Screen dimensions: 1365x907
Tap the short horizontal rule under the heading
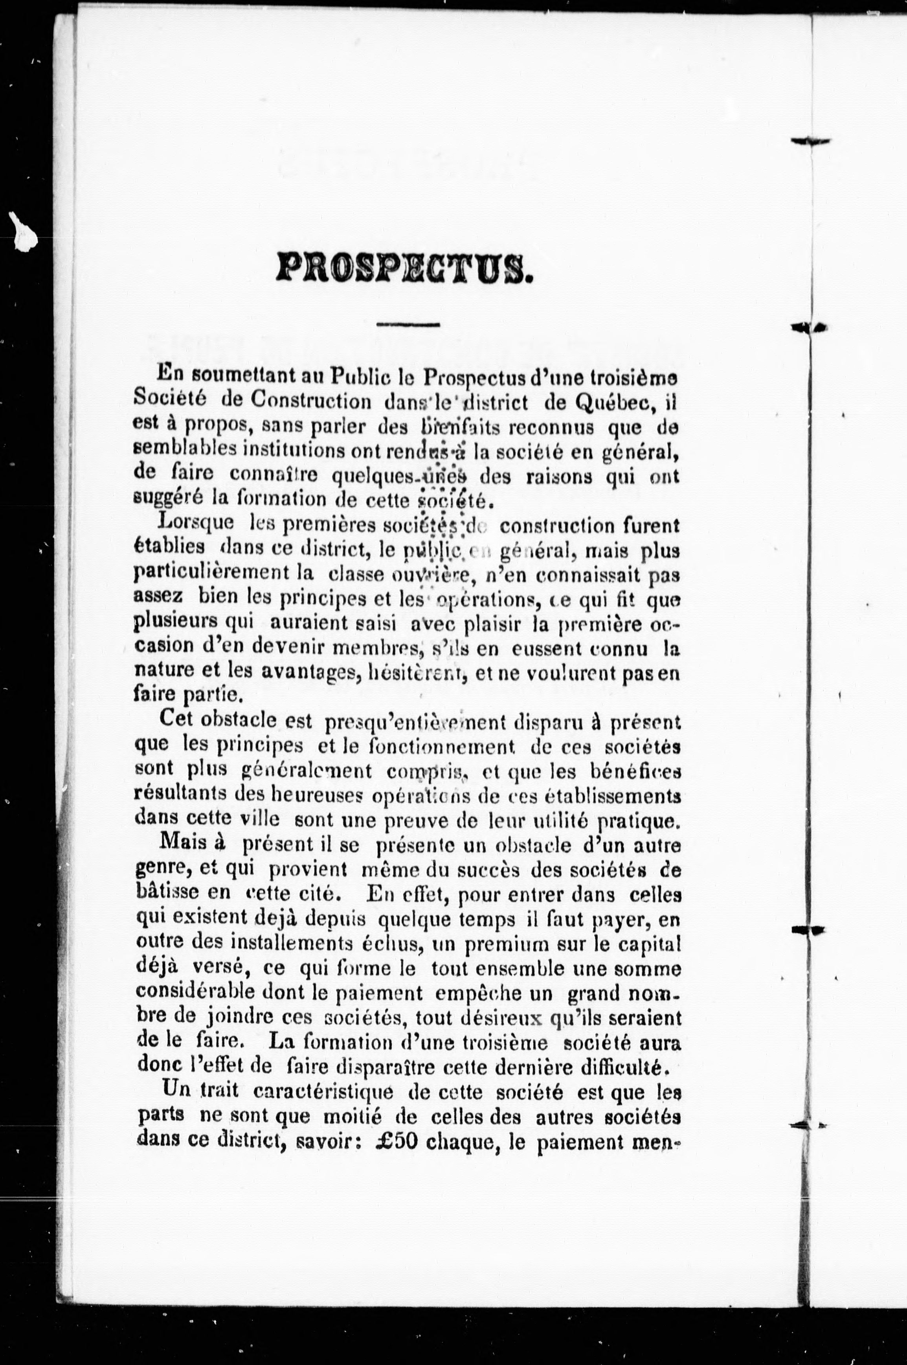pyautogui.click(x=408, y=325)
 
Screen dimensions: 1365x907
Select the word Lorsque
pyautogui.click(x=196, y=523)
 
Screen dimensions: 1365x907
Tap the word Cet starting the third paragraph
pyautogui.click(x=176, y=720)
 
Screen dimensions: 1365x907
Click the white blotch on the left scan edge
pyautogui.click(x=23, y=232)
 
